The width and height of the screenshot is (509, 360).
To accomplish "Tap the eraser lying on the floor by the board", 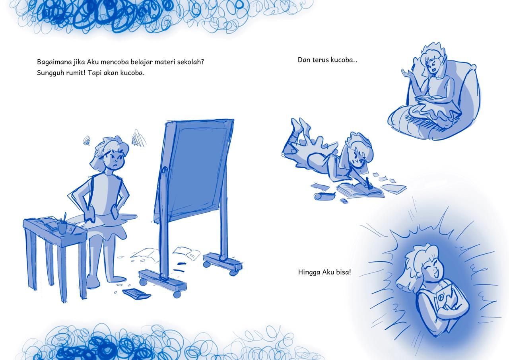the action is pyautogui.click(x=137, y=294).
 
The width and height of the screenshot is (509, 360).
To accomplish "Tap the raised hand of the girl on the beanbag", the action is pyautogui.click(x=408, y=74).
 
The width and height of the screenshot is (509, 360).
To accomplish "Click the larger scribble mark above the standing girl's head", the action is pyautogui.click(x=138, y=137).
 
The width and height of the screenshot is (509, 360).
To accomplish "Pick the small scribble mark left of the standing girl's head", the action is pyautogui.click(x=86, y=140).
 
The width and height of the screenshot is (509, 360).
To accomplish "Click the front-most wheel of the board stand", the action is pyautogui.click(x=177, y=294).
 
